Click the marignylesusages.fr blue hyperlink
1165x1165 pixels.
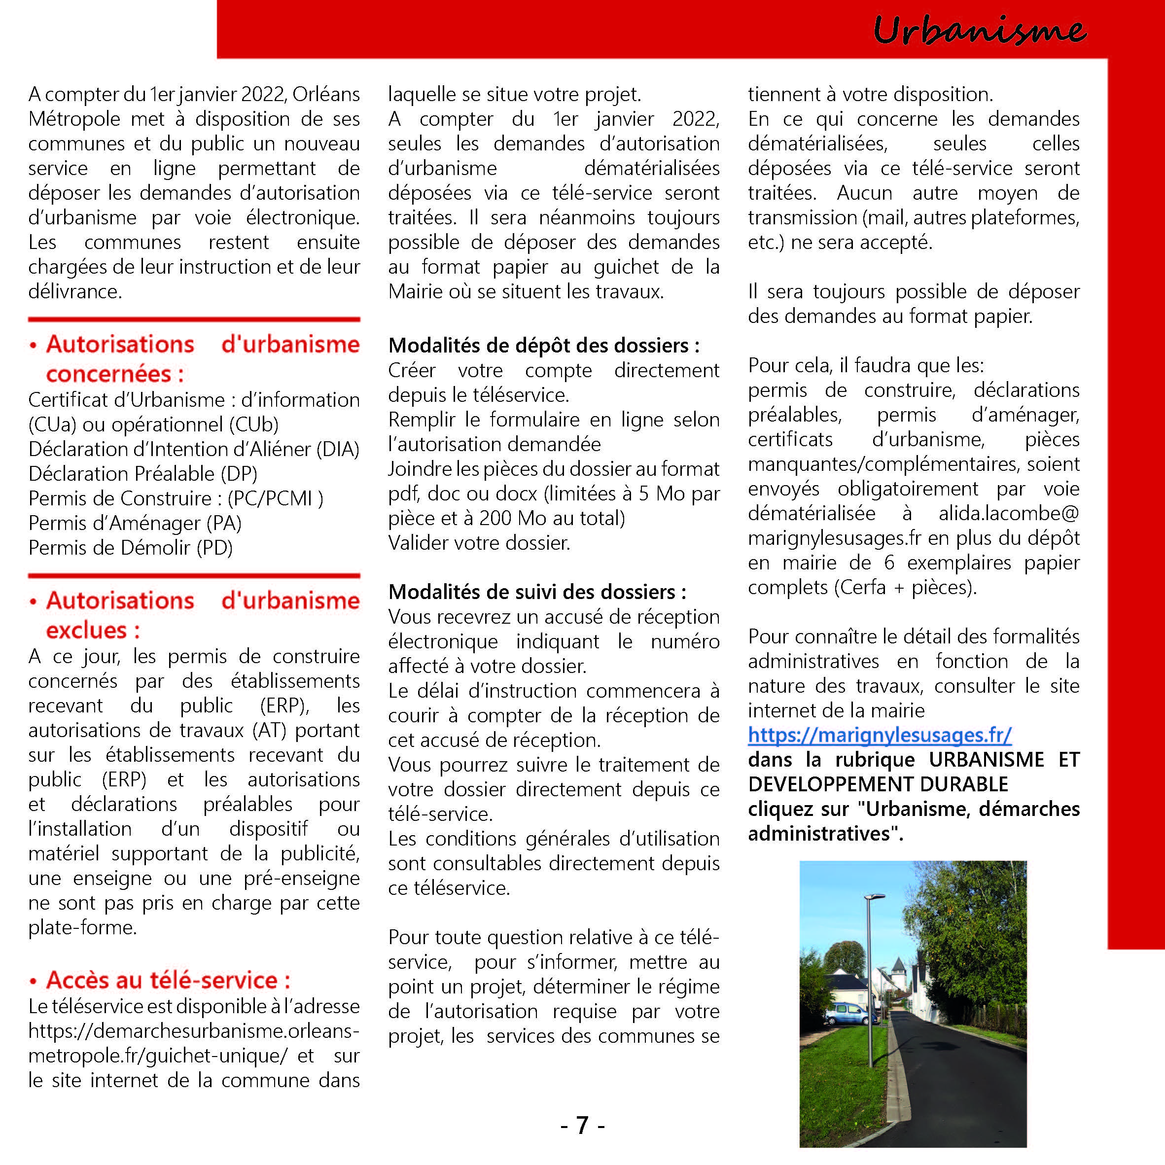tap(879, 735)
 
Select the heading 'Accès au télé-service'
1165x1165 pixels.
tap(168, 980)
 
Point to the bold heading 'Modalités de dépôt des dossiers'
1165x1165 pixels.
tap(543, 346)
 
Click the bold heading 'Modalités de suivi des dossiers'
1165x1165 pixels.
tap(537, 592)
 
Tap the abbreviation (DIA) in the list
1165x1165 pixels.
tap(338, 449)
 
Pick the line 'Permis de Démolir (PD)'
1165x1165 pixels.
tap(130, 548)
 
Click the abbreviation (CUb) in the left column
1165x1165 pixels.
tap(253, 424)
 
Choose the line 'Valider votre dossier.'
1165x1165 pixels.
tap(479, 543)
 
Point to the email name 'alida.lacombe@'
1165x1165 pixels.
tap(1008, 513)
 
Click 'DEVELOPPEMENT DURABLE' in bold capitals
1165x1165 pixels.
tap(878, 784)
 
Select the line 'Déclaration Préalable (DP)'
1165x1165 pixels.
tap(143, 474)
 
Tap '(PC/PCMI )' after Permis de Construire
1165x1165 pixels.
tap(275, 498)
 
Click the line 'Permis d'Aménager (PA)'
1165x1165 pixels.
tap(135, 523)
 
